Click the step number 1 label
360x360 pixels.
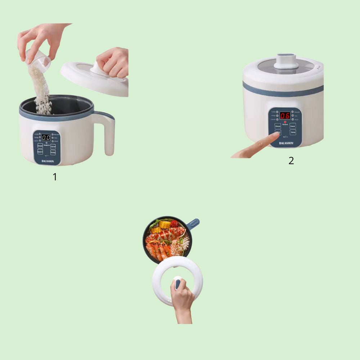55,177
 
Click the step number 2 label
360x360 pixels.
291,161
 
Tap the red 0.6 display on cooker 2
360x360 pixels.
285,116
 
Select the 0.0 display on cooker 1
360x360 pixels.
46,137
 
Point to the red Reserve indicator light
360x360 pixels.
285,122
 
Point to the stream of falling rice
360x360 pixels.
42,90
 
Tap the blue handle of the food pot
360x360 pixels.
194,223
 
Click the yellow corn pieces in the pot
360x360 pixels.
160,227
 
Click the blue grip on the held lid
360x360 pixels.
177,284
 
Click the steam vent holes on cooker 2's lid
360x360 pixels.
319,68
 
